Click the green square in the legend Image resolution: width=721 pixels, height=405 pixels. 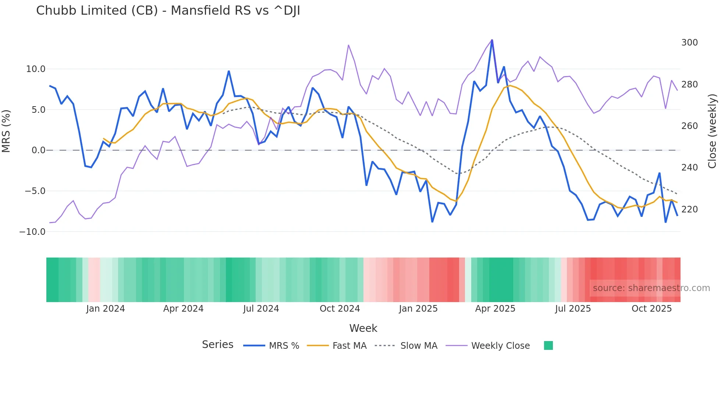548,345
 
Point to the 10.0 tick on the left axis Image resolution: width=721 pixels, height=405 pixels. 36,69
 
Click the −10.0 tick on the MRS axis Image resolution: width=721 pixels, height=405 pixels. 32,232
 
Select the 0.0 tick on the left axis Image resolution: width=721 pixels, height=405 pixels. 38,150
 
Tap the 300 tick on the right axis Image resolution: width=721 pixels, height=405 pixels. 689,43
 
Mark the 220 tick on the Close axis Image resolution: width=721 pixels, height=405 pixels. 689,209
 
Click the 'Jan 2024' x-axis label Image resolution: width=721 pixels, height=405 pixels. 106,309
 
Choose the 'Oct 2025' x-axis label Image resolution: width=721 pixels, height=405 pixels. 651,309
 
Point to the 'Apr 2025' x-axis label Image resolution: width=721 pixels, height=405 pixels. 495,309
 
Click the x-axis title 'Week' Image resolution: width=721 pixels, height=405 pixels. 363,328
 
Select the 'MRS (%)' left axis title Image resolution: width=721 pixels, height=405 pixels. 6,131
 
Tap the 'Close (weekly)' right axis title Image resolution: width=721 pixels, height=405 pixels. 713,131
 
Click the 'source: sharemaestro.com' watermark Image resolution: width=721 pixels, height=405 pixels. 651,288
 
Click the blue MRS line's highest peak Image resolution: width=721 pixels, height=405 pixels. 492,40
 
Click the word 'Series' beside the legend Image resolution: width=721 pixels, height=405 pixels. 217,345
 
